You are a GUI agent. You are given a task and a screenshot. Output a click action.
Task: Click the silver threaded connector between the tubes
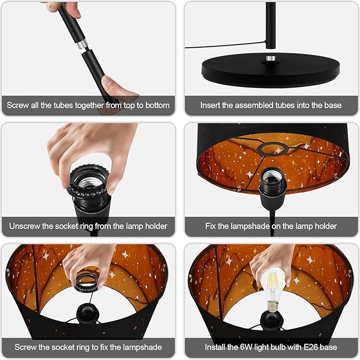(x=82, y=44)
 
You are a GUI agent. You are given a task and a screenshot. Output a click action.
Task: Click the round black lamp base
(x=271, y=70)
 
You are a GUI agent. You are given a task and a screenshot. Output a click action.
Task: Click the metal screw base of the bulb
(x=273, y=306)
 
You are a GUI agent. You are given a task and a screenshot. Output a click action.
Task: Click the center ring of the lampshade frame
(x=273, y=149)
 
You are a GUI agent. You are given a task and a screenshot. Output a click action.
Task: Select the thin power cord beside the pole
(x=225, y=45)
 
